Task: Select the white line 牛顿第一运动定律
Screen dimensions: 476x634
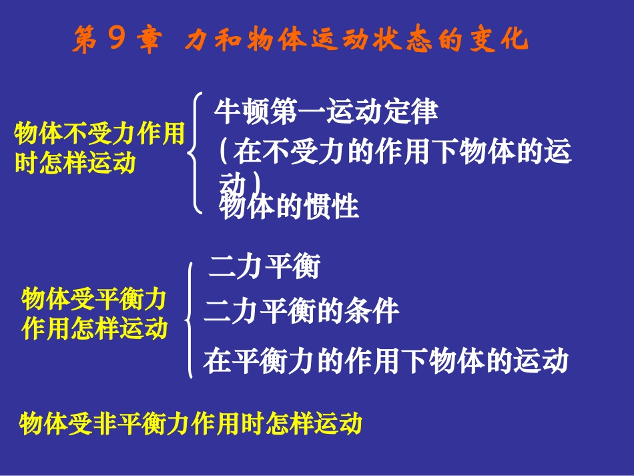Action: click(326, 112)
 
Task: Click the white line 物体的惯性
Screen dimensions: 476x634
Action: click(290, 207)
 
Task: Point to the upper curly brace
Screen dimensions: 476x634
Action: click(195, 154)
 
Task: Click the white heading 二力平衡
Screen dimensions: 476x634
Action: click(264, 267)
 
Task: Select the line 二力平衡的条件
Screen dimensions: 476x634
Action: click(302, 311)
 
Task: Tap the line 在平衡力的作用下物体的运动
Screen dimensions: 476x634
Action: click(386, 361)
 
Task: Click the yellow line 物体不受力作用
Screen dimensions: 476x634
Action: click(99, 135)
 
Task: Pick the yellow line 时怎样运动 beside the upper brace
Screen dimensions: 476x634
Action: click(75, 163)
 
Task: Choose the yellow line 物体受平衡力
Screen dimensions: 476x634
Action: click(93, 300)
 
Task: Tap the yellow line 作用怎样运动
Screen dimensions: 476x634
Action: click(94, 328)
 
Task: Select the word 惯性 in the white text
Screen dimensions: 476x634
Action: click(331, 207)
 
